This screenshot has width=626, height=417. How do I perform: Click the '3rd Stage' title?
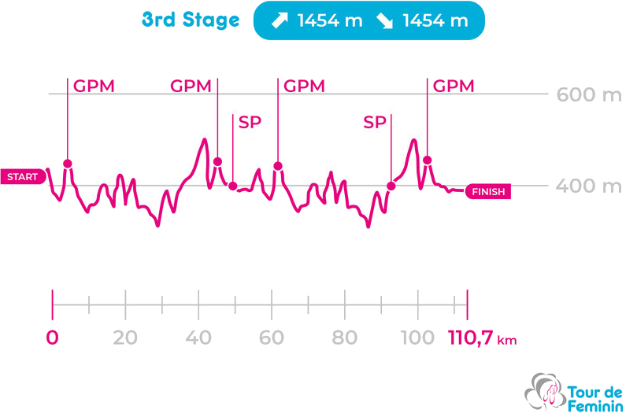(191, 20)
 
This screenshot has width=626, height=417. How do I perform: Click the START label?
(22, 177)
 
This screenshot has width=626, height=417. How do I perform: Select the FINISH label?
(488, 191)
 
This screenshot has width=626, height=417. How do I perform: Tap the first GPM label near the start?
(94, 86)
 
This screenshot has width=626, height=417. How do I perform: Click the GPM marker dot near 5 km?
(68, 164)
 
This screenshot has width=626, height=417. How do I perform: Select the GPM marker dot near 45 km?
(217, 162)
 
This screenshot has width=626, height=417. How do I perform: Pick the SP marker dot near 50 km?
(233, 186)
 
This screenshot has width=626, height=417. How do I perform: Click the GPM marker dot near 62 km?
(278, 166)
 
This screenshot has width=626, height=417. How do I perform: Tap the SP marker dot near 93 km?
(391, 186)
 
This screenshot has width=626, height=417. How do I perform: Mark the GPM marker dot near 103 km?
(428, 161)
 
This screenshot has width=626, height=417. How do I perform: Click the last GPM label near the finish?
(454, 86)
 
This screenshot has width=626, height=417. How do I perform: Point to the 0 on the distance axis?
(53, 338)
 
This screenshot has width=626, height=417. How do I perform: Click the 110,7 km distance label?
(482, 338)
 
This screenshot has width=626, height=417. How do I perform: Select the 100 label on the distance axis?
(417, 338)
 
